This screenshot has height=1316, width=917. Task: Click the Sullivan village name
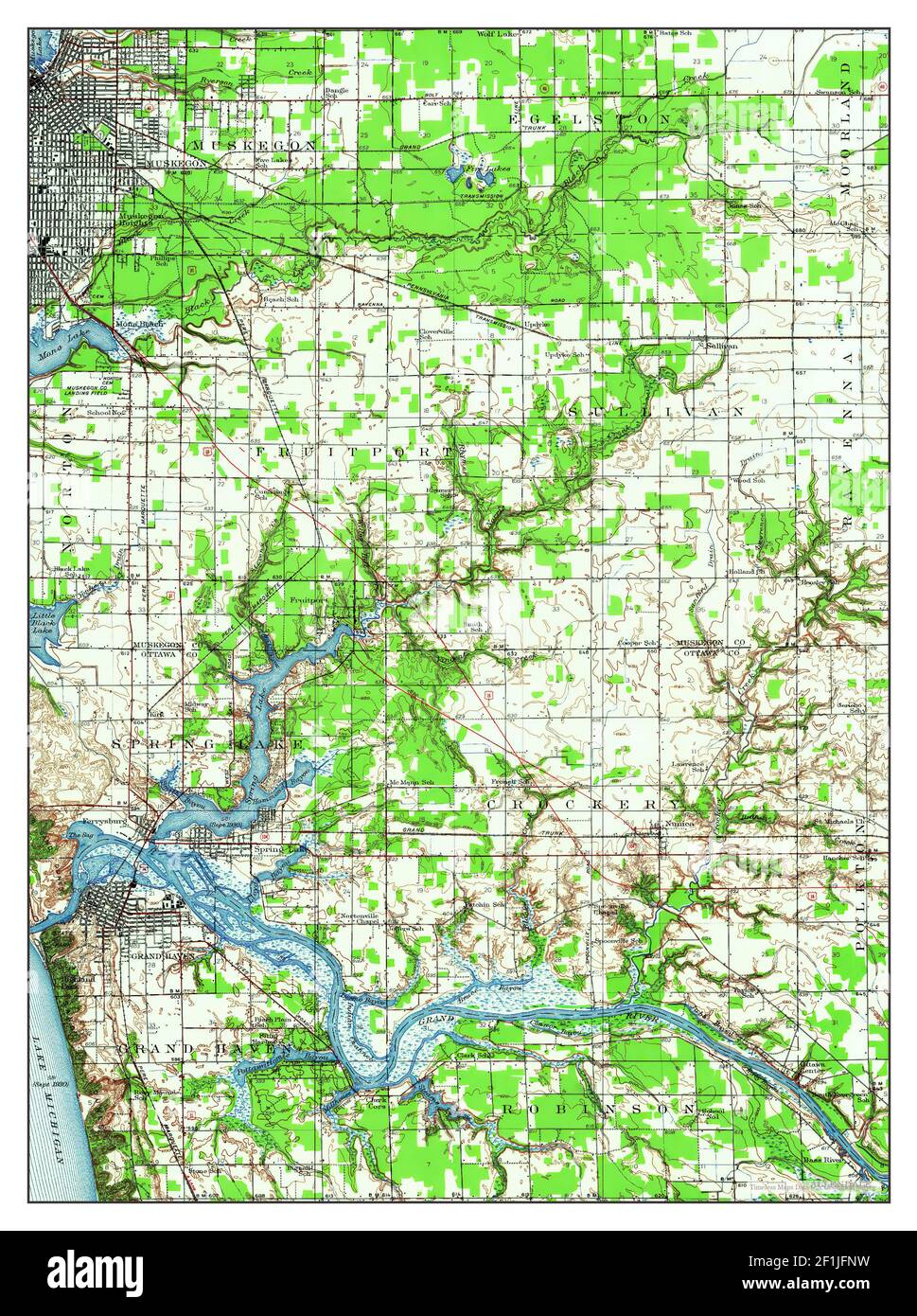tap(721, 347)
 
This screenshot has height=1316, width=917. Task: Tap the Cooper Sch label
tap(637, 643)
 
